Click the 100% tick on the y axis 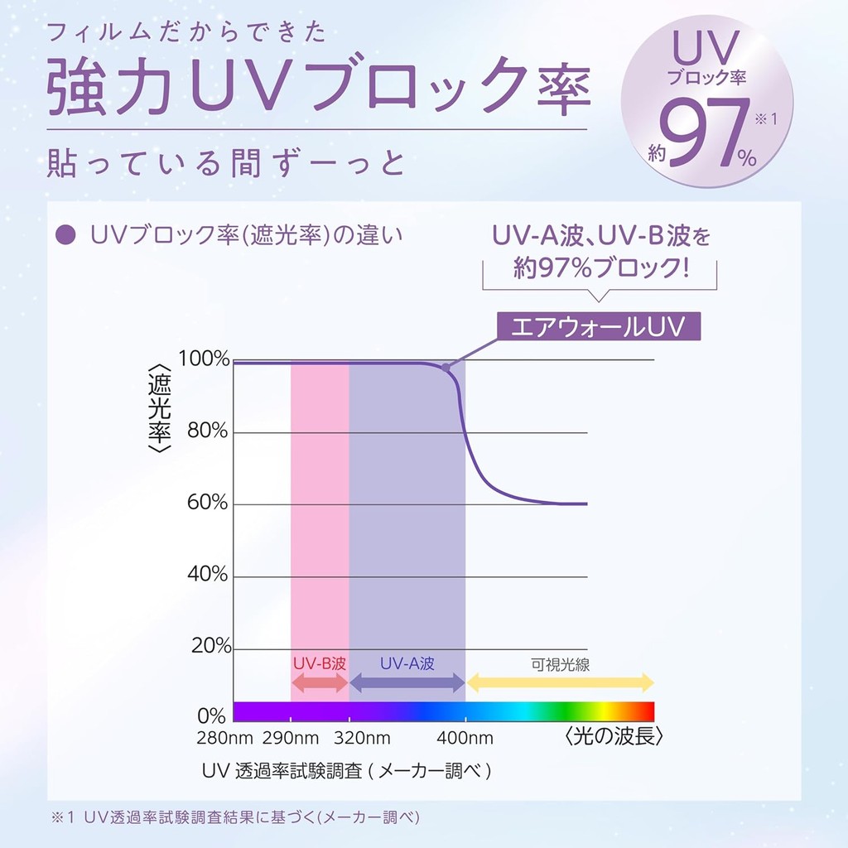(204, 359)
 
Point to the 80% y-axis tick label (208, 431)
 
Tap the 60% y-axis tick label (208, 503)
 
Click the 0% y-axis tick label (212, 715)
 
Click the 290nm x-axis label (290, 738)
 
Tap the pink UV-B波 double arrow (320, 683)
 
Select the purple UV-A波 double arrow (407, 683)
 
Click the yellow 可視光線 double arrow (561, 683)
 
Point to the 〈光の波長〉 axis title (614, 736)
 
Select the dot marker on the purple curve (446, 367)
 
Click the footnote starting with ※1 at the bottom (235, 817)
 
